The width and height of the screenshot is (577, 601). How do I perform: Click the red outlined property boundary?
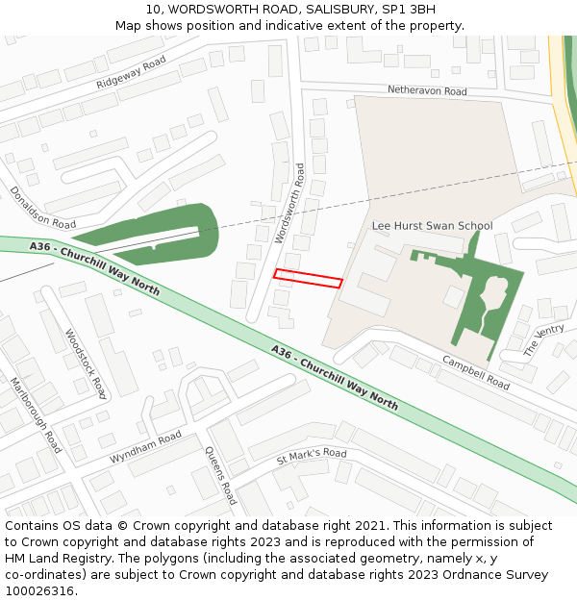point(308,278)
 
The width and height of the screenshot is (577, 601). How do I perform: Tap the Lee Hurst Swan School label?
point(432,226)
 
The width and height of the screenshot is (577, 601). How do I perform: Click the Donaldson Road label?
point(42,208)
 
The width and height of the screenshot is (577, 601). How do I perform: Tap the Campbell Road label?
point(476,372)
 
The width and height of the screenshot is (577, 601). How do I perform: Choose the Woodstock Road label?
point(85,363)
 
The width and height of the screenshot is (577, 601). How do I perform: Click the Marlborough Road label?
point(36,414)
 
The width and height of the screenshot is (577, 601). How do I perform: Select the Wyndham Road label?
point(145,448)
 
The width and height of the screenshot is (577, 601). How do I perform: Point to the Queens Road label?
point(220,475)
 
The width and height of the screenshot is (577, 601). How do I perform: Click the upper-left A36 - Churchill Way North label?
point(94,267)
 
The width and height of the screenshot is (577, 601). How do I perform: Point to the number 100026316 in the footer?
point(39,591)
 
